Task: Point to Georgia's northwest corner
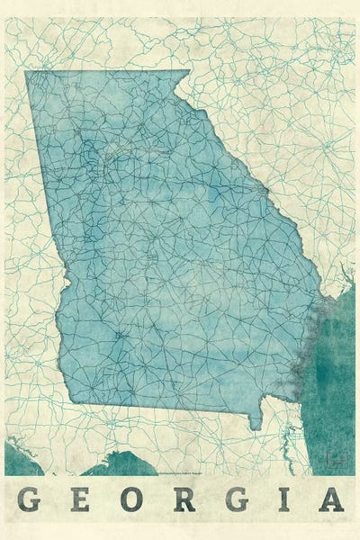27,73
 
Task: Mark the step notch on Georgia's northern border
180,76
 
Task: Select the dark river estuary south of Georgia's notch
290,441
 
